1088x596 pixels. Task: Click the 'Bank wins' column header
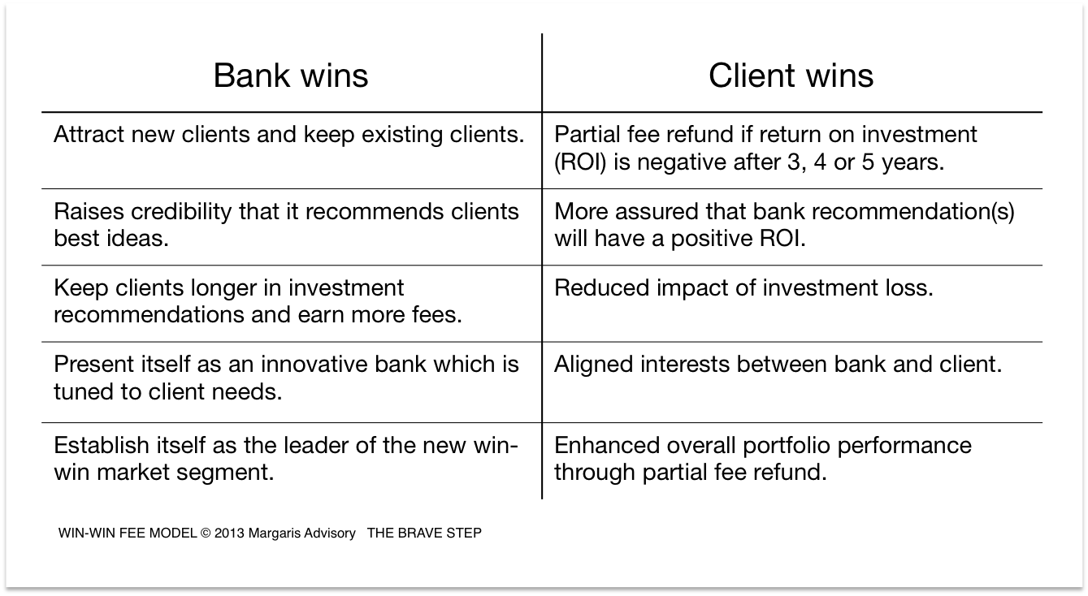point(290,76)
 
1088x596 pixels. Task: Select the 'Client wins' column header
point(791,76)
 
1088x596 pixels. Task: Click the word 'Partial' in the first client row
point(587,134)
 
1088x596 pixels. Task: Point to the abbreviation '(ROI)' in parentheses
point(580,162)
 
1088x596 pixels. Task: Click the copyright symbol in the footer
point(206,533)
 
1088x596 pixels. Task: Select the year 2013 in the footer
point(229,533)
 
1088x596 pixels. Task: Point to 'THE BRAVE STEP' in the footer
point(424,533)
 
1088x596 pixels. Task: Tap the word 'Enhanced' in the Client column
point(607,445)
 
